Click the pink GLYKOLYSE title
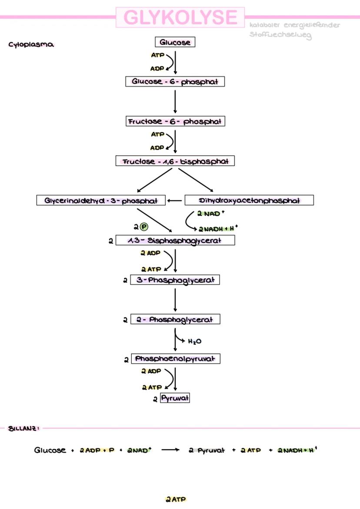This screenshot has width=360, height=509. coord(180,17)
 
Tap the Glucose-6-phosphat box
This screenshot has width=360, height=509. coord(175,82)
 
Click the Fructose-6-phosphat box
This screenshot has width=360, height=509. coord(175,122)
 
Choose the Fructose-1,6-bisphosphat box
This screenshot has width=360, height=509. coord(175,161)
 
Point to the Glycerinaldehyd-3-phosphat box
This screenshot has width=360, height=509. coord(101,200)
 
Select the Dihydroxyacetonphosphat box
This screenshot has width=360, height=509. coord(249,200)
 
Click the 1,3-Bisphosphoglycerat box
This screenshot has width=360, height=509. coord(175,240)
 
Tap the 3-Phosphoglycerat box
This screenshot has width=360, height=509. coord(175,280)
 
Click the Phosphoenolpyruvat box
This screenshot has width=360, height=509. coord(175,359)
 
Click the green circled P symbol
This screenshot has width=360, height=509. coord(143,227)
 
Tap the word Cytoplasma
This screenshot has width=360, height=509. coord(31,45)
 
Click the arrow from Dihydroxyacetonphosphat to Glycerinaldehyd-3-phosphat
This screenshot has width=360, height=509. coord(175,200)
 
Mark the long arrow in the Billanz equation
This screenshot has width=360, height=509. coord(170,450)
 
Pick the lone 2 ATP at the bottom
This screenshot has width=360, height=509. coord(176,499)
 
